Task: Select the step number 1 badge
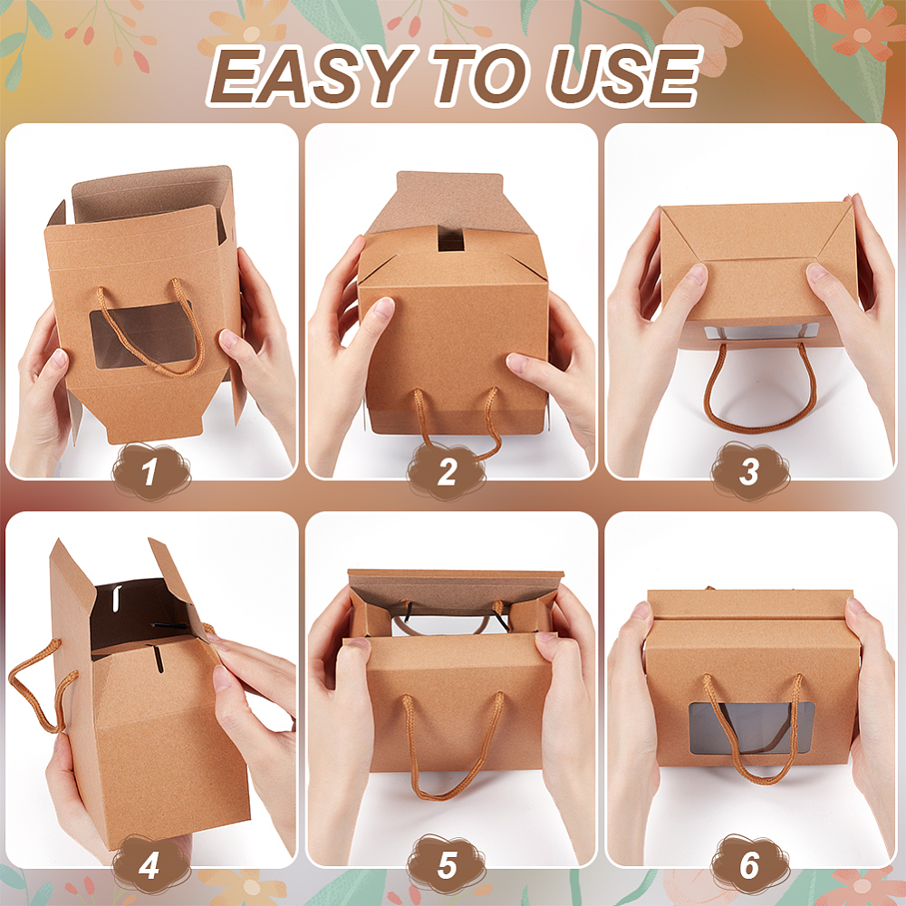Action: click(x=150, y=471)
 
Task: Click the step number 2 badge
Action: click(x=447, y=471)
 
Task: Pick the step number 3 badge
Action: click(x=749, y=471)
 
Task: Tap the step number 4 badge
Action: click(x=149, y=864)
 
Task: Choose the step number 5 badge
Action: click(x=447, y=864)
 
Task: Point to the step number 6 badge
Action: click(x=749, y=864)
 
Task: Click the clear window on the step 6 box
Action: click(x=751, y=728)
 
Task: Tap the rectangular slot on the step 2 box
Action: click(x=451, y=237)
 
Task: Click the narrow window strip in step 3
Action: click(x=762, y=332)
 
